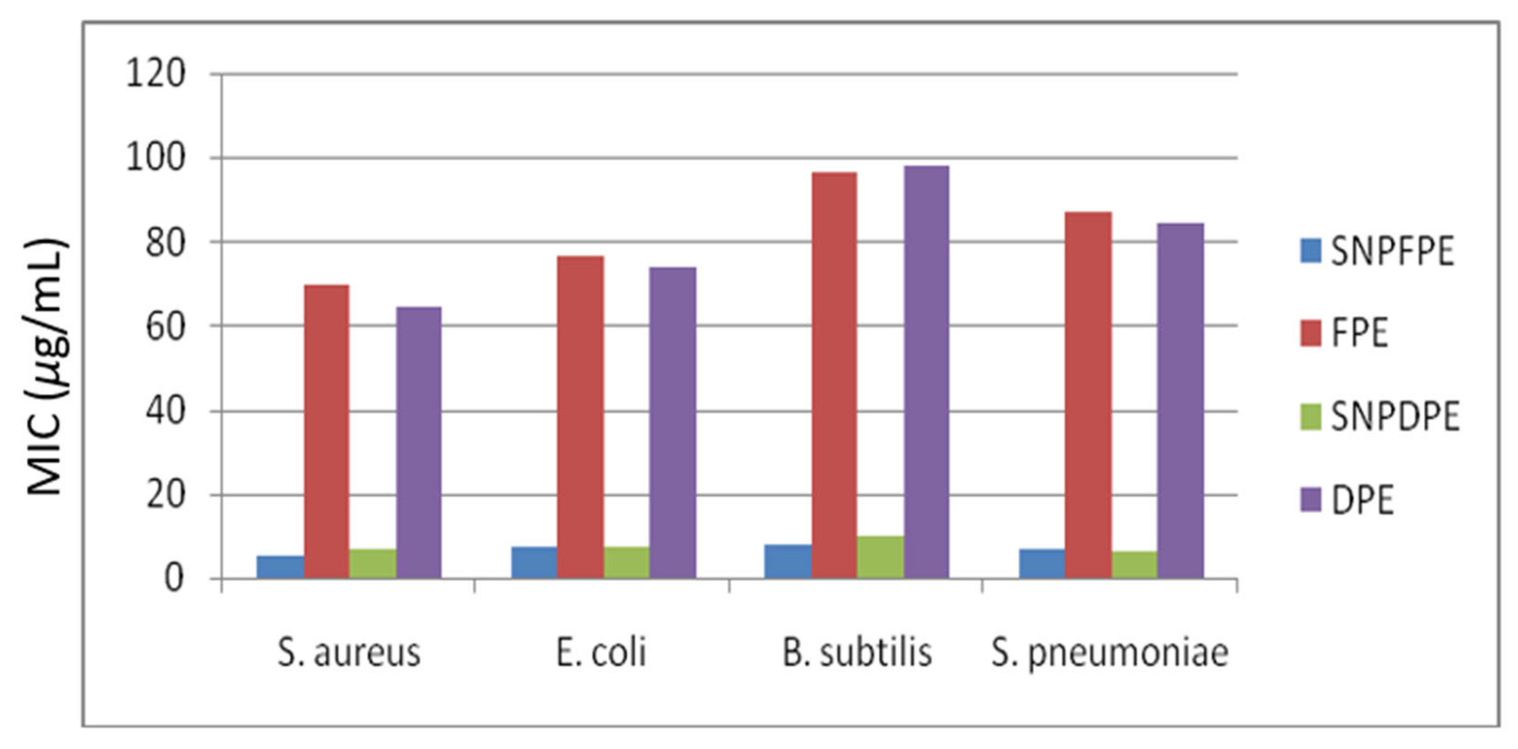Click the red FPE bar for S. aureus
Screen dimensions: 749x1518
click(326, 431)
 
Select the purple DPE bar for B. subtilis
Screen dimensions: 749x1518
click(926, 372)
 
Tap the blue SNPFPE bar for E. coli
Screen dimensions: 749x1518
click(534, 562)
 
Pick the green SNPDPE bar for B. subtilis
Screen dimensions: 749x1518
click(881, 557)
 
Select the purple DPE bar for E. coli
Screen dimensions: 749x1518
click(672, 422)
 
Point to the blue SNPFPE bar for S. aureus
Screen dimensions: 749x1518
click(280, 567)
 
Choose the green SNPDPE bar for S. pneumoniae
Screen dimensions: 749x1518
click(1134, 564)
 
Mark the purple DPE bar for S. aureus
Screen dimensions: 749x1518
click(418, 442)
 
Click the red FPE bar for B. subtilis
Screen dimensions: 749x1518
click(834, 374)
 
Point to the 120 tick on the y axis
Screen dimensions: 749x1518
click(156, 75)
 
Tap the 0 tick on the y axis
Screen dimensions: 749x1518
click(173, 579)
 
